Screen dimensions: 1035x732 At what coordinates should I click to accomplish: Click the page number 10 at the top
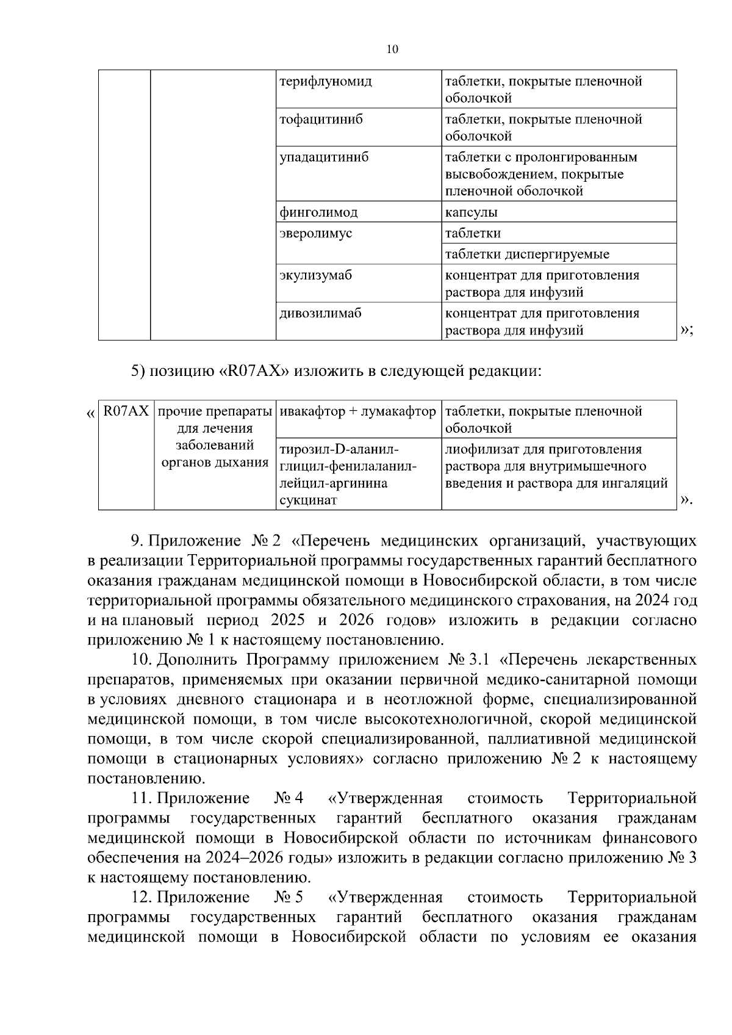point(392,50)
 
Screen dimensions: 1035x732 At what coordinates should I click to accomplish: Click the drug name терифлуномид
point(325,81)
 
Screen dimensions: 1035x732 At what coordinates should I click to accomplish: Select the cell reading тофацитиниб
point(321,119)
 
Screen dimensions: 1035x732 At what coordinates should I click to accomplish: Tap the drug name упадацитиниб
point(324,157)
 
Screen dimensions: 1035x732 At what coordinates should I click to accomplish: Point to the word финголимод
point(318,212)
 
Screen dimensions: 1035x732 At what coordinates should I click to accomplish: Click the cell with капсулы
point(471,212)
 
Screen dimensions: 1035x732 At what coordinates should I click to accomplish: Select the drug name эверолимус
point(315,233)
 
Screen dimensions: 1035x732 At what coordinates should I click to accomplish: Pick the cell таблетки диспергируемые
point(527,254)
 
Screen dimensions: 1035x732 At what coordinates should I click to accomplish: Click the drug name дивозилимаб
point(320,313)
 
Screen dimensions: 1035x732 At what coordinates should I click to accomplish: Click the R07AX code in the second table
point(126,411)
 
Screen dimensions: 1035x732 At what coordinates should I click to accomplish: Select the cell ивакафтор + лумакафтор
point(357,411)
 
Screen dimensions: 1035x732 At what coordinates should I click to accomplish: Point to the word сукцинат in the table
point(308,501)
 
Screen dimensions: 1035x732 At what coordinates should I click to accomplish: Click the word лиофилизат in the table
point(475,450)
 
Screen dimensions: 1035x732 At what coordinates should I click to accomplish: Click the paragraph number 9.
point(137,541)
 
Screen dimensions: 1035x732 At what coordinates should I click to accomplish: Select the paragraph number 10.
point(142,660)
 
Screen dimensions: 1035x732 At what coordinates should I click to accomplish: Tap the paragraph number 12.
point(142,897)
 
